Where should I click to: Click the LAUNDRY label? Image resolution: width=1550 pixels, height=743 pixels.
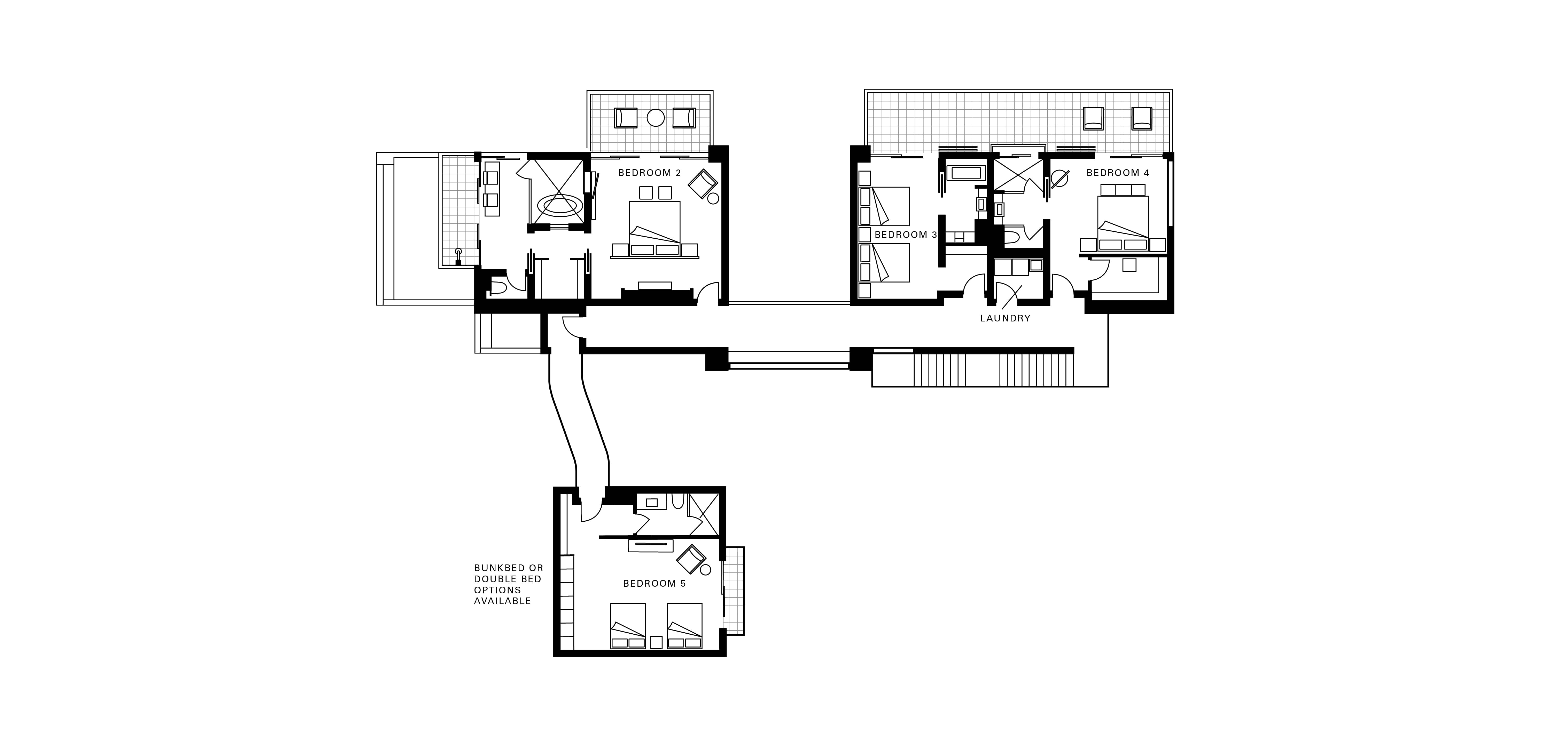(1005, 319)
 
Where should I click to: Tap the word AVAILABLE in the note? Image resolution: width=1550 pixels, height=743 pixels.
(502, 601)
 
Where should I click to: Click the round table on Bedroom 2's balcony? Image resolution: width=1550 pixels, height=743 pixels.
(655, 118)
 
